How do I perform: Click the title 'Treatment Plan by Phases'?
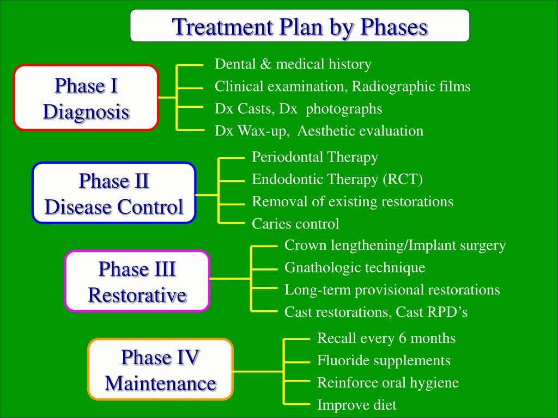pos(300,26)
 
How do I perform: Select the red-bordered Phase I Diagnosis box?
pos(86,99)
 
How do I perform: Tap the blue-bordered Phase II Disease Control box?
pos(114,193)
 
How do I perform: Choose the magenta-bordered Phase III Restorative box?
pos(137,281)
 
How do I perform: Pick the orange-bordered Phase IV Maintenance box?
pos(160,370)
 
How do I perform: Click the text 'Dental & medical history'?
pos(293,64)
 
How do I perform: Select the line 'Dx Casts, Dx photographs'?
pos(298,109)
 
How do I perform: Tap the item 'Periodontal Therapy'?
pos(314,157)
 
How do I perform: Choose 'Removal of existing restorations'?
pos(352,202)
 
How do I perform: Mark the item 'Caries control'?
pos(295,224)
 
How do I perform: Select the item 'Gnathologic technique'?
pos(355,268)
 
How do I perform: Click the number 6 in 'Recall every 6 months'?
pos(403,338)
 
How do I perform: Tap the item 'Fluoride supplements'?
pos(384,360)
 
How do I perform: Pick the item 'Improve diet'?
pos(356,405)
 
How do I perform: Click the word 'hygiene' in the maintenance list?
pos(436,383)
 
